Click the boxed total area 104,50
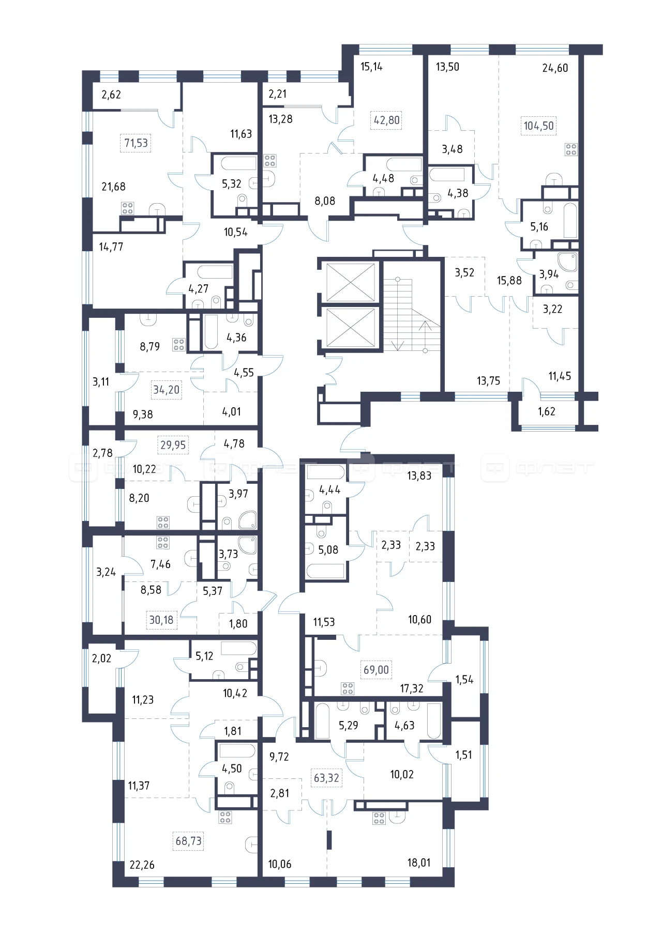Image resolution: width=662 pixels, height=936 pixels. click(539, 126)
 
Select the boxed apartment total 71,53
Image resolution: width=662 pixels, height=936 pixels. click(136, 143)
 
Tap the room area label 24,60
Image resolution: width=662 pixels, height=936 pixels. click(555, 68)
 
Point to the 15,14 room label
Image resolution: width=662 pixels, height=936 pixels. click(371, 67)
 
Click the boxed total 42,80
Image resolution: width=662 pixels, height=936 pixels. click(387, 120)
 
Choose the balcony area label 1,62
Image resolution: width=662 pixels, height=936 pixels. click(547, 411)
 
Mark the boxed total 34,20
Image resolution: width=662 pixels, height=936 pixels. click(166, 390)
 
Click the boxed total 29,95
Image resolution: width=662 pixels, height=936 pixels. click(173, 445)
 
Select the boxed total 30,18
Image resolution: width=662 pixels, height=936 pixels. click(161, 620)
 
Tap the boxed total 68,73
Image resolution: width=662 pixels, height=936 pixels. click(188, 841)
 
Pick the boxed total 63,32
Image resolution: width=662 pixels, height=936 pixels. click(326, 778)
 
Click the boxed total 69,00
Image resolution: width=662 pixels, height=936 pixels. click(376, 670)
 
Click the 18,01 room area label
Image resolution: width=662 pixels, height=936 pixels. click(419, 863)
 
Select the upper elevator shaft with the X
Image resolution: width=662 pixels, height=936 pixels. click(351, 282)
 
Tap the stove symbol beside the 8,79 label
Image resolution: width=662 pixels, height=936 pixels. click(179, 345)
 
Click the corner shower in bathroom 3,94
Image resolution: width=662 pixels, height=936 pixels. click(567, 262)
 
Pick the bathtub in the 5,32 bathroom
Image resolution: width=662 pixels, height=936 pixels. click(238, 163)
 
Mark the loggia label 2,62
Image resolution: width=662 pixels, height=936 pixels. click(111, 95)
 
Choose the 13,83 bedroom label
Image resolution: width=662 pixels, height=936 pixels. click(419, 476)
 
